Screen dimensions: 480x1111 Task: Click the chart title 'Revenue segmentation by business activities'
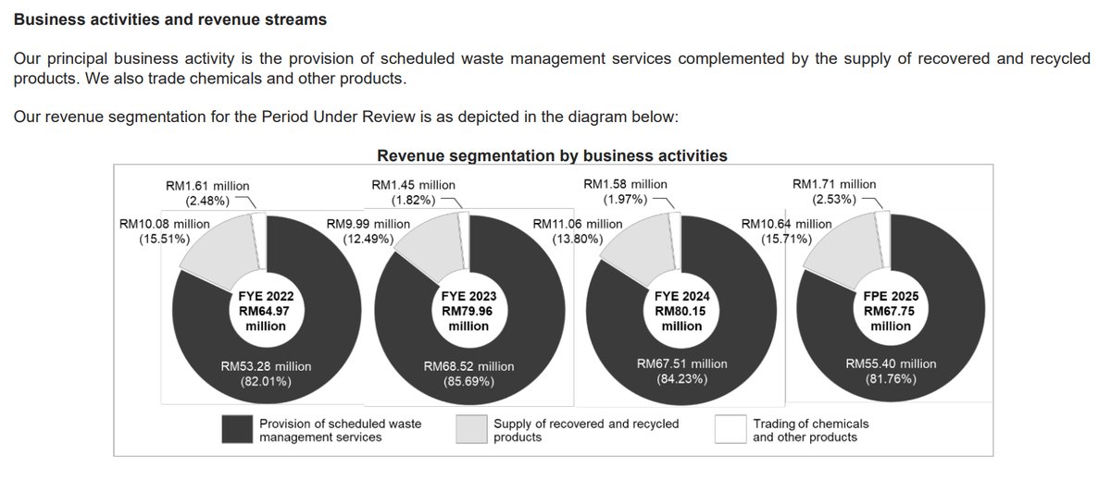(x=552, y=155)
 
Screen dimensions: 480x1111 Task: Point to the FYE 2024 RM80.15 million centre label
(x=681, y=311)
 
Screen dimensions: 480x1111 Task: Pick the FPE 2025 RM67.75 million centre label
(x=891, y=311)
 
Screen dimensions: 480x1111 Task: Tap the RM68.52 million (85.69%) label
(x=468, y=374)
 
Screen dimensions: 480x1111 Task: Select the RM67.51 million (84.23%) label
(x=681, y=372)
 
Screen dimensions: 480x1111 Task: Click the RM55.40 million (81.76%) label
(x=891, y=372)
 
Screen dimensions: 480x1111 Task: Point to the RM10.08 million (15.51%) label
(x=164, y=231)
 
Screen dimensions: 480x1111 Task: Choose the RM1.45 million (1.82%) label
(x=413, y=192)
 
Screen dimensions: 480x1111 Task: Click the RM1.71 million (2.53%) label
(x=833, y=192)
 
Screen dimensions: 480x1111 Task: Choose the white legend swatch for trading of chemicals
(x=730, y=429)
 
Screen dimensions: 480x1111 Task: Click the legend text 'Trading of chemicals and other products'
(x=811, y=430)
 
